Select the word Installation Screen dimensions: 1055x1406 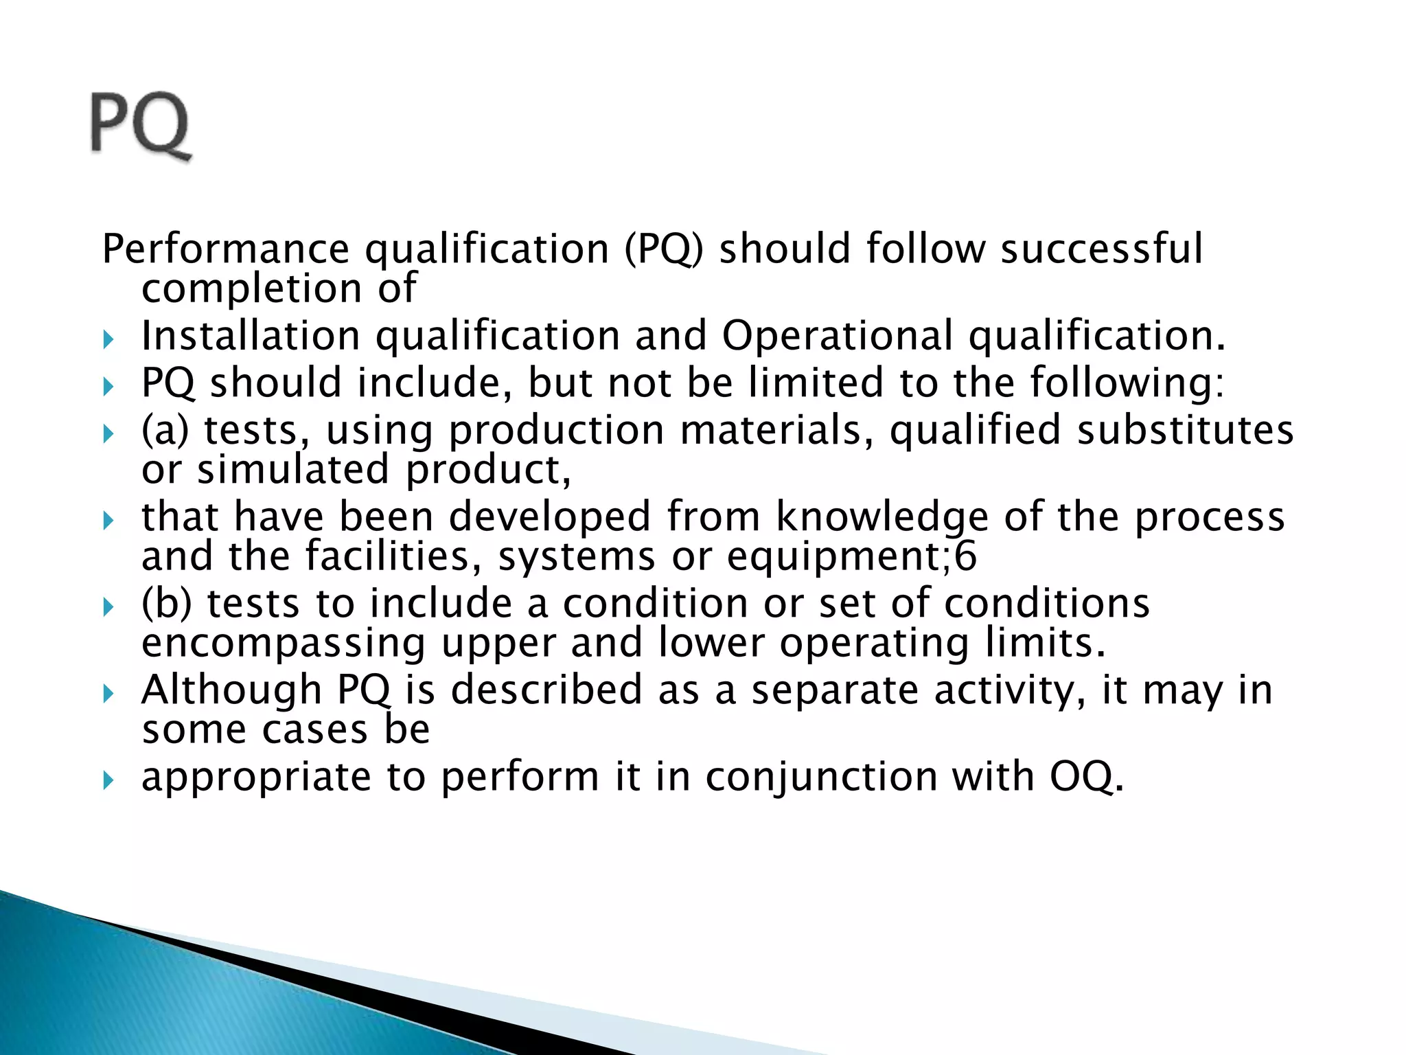click(251, 336)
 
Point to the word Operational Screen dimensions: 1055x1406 click(838, 336)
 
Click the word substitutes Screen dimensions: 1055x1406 click(1185, 430)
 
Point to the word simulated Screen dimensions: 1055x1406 click(293, 470)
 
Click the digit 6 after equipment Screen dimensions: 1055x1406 click(965, 556)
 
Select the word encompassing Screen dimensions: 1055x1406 click(283, 644)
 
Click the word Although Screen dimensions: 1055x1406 click(231, 690)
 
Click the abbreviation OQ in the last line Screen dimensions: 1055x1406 click(1086, 778)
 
